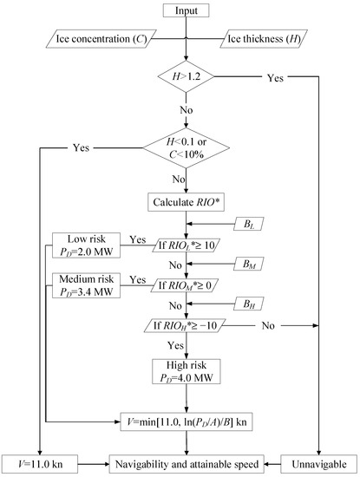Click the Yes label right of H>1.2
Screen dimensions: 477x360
pos(274,78)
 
